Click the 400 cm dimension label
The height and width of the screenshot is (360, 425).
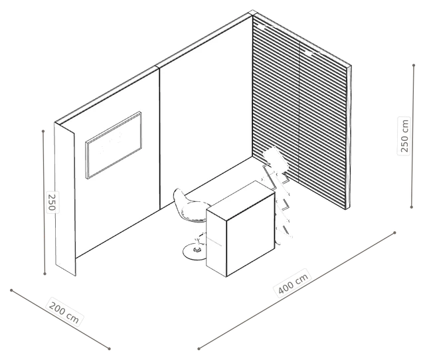294,284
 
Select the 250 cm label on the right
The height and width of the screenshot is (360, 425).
404,135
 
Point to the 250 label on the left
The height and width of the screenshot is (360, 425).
52,202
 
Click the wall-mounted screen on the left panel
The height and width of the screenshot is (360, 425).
114,145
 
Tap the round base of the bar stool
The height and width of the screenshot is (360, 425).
195,252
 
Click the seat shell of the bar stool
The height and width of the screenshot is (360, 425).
188,206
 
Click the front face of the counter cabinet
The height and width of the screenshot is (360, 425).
250,234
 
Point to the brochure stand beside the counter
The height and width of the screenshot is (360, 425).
278,190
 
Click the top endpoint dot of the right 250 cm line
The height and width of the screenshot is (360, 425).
414,65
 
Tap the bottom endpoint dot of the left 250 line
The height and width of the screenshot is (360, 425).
45,274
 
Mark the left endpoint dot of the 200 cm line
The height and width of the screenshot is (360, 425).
11,290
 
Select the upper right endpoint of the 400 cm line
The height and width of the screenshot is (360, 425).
394,232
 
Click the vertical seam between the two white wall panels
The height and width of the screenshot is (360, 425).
159,138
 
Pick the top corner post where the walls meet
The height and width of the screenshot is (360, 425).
252,13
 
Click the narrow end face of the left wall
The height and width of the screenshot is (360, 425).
65,199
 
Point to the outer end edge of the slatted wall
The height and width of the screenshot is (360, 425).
348,137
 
